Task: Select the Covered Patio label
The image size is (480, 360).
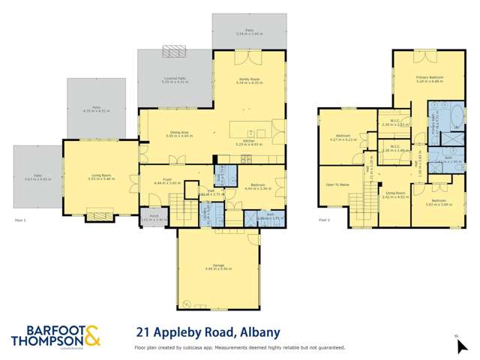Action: click(174, 78)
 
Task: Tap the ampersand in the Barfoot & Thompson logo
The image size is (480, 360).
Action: click(91, 336)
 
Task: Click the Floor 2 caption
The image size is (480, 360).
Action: click(324, 220)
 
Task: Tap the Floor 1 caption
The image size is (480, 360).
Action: click(20, 220)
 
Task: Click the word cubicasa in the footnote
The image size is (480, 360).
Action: click(201, 347)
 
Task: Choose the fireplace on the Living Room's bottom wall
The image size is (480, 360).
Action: click(100, 217)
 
